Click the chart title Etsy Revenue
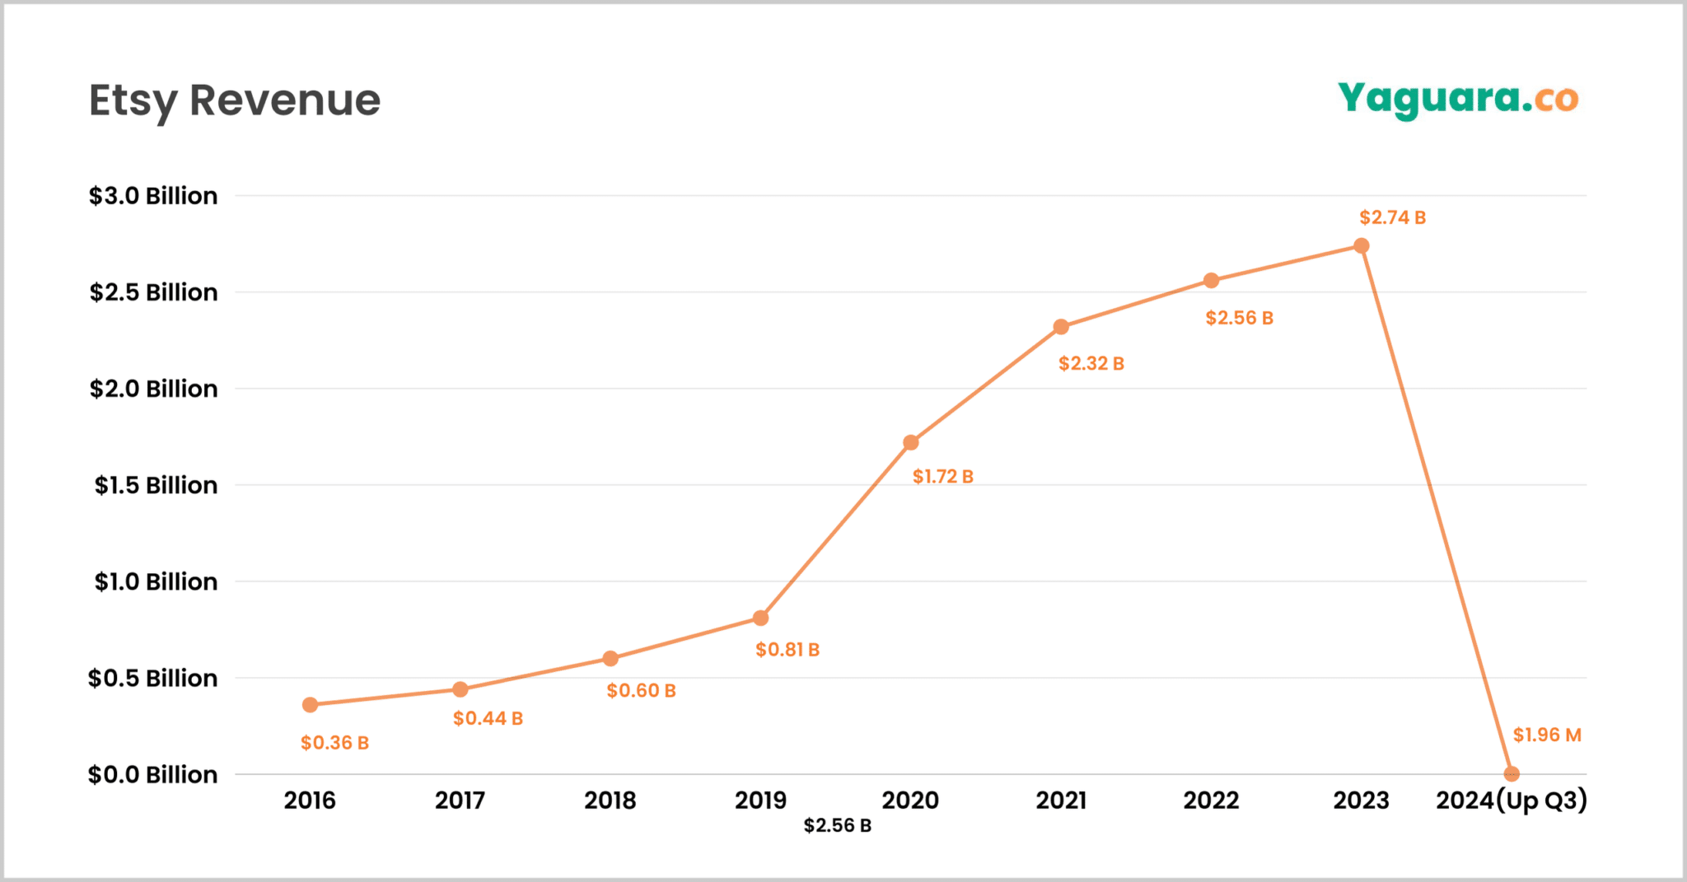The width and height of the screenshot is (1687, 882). click(235, 100)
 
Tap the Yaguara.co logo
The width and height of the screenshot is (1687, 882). click(1458, 100)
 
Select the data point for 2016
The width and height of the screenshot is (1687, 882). click(310, 705)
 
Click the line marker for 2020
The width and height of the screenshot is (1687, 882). click(910, 443)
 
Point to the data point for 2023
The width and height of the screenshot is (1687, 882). click(1362, 246)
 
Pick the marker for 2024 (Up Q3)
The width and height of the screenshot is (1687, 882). click(1512, 774)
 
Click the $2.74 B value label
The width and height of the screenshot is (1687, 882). click(1392, 217)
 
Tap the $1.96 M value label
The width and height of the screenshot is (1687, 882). click(1547, 735)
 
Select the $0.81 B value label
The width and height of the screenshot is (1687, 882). click(787, 650)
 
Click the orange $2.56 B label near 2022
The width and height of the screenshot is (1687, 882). click(1239, 318)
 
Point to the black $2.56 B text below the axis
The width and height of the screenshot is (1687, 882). click(837, 825)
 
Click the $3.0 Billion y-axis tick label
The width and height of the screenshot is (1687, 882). click(153, 196)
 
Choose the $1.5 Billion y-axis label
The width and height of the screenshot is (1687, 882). click(156, 485)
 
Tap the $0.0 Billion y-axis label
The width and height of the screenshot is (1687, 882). click(153, 775)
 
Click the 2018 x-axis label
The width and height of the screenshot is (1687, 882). click(610, 800)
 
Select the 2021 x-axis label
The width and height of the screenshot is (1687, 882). click(1061, 800)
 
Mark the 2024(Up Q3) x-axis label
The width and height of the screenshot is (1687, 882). click(1511, 800)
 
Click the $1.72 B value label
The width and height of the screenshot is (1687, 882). click(942, 477)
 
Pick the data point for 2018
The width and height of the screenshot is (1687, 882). click(610, 659)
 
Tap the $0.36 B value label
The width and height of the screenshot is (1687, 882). click(334, 743)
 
